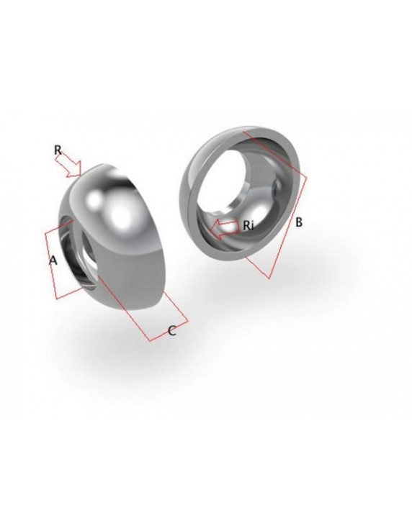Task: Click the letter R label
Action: pyautogui.click(x=58, y=150)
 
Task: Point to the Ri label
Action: pyautogui.click(x=248, y=225)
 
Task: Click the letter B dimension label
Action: pyautogui.click(x=298, y=222)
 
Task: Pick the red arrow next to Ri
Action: pyautogui.click(x=224, y=230)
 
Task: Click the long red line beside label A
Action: pyautogui.click(x=50, y=265)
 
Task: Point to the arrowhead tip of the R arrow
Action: pyautogui.click(x=83, y=175)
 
